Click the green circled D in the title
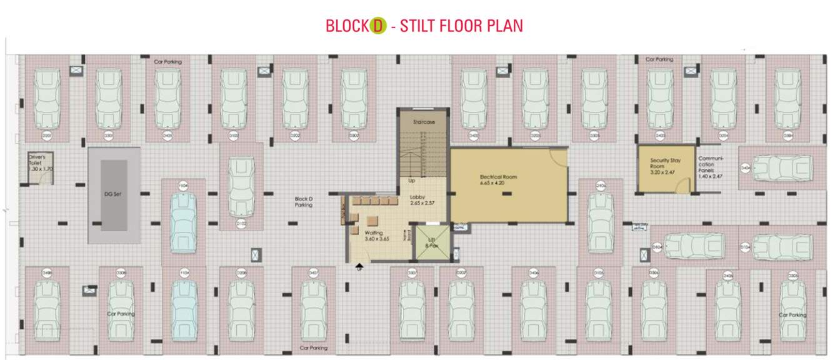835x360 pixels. click(x=377, y=26)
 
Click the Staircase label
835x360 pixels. click(x=424, y=122)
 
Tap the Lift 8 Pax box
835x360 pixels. click(x=431, y=245)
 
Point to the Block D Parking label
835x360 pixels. click(x=304, y=202)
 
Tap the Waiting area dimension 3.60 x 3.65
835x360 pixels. click(x=377, y=238)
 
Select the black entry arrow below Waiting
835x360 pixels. click(x=359, y=264)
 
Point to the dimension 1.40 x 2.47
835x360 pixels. click(x=710, y=177)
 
